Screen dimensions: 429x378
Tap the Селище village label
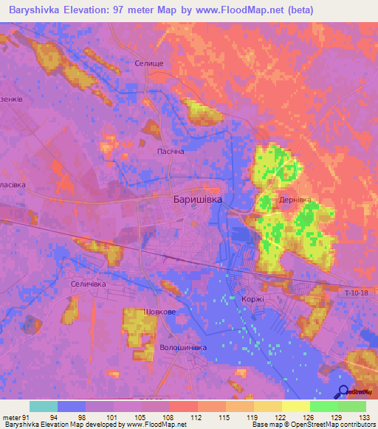tap(149, 64)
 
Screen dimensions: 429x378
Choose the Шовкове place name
tap(162, 312)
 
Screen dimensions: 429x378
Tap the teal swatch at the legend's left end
tap(43, 406)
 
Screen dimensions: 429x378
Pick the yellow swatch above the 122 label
tap(267, 406)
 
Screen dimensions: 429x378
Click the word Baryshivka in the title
tap(32, 10)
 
